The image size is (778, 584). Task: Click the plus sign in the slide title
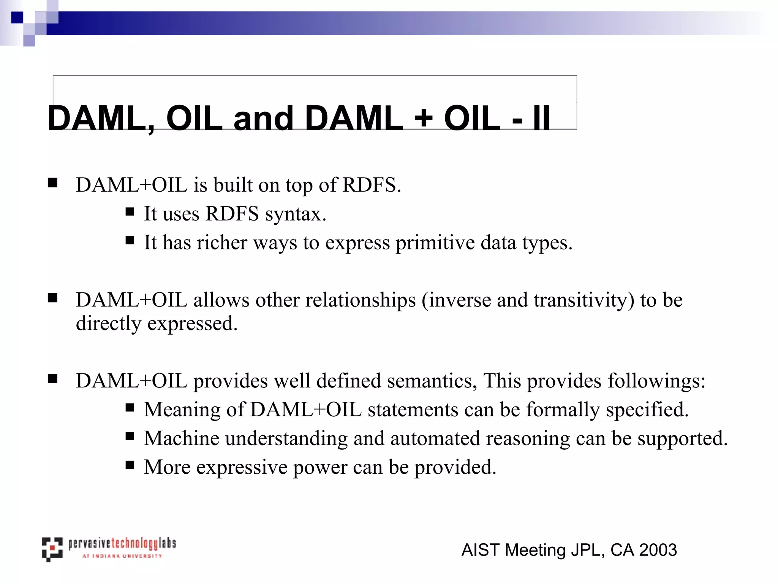point(424,118)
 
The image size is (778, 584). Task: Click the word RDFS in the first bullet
point(372,185)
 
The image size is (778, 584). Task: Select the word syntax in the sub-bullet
point(296,214)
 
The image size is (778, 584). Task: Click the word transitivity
point(584,300)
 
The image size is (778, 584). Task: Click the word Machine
point(182,438)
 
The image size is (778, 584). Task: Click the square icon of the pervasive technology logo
point(52,549)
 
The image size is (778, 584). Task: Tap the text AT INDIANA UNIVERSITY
point(122,556)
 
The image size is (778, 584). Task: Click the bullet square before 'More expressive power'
point(130,465)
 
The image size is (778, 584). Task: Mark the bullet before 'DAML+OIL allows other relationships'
point(53,298)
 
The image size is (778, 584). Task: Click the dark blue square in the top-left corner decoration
point(17,17)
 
